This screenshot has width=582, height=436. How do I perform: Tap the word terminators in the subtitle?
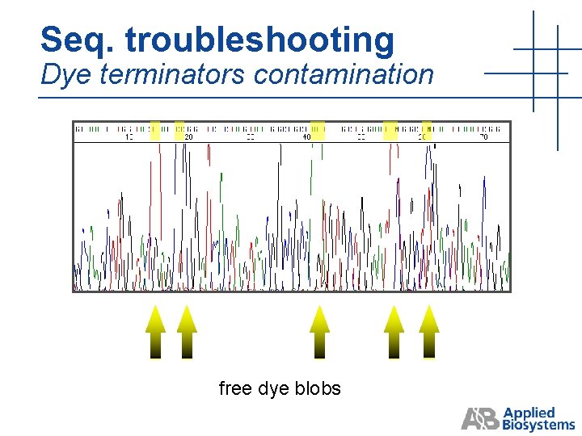tap(169, 74)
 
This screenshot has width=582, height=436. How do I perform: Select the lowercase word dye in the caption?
tap(275, 389)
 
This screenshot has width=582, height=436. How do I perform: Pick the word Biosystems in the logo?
tap(538, 425)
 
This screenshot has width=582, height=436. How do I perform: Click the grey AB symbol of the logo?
tap(480, 419)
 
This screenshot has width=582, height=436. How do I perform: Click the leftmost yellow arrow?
tap(155, 331)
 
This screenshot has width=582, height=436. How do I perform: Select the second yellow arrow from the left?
tap(187, 331)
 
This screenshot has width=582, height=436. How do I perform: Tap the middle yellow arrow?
tap(320, 331)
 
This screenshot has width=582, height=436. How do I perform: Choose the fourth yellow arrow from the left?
tap(394, 331)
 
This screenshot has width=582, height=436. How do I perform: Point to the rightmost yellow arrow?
tap(429, 331)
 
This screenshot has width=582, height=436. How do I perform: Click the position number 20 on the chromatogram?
tap(188, 137)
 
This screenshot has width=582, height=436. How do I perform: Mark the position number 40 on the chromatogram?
tap(307, 137)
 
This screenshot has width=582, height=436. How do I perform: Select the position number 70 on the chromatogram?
tap(483, 137)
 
